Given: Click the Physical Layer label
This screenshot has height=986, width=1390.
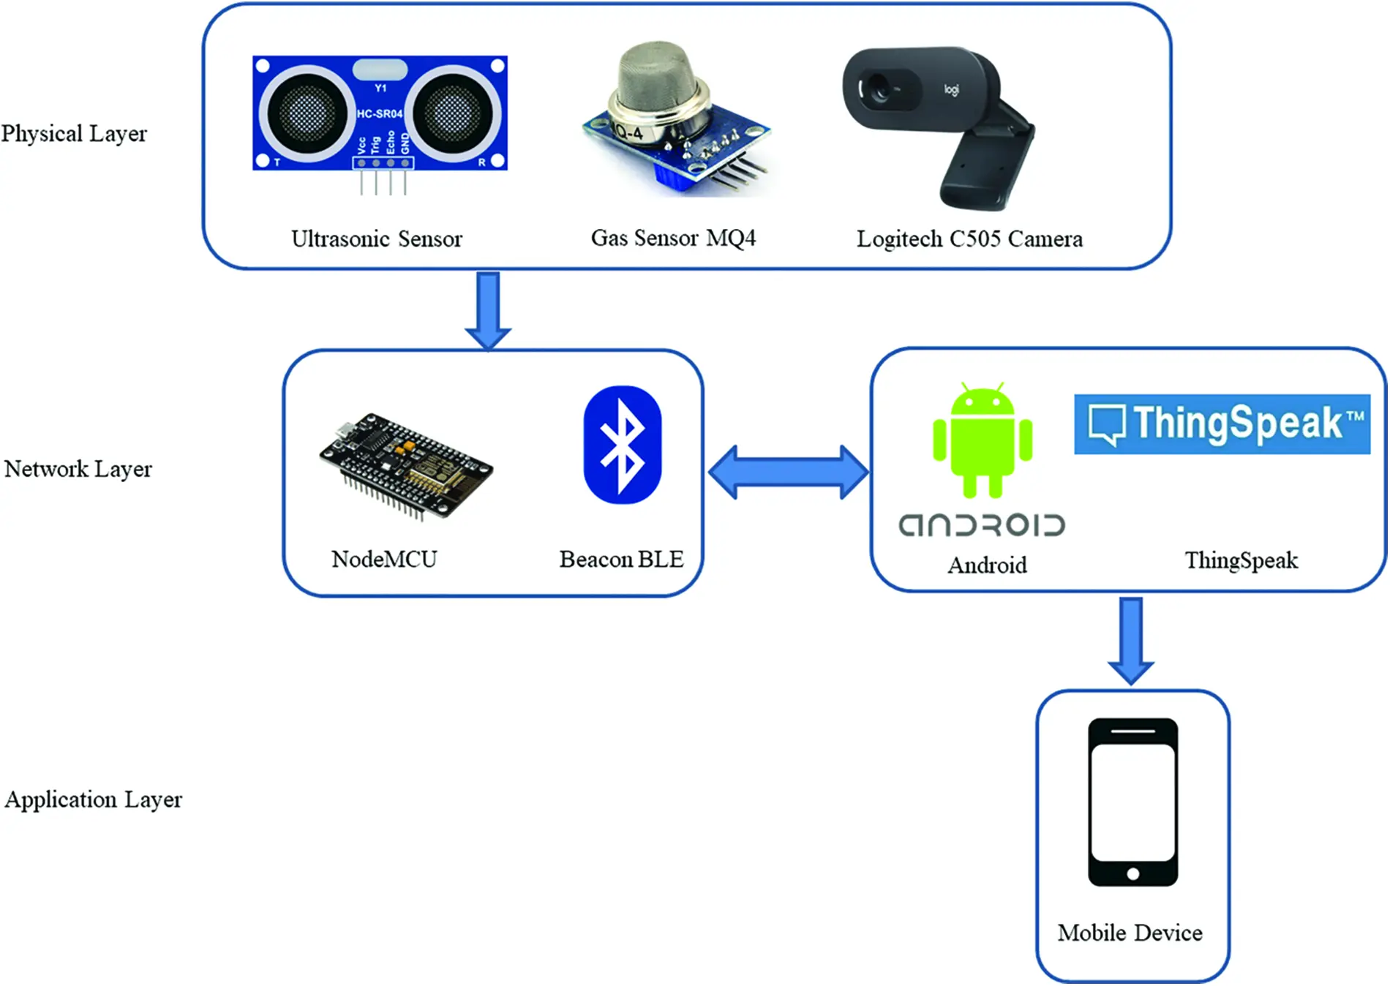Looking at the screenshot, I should (74, 134).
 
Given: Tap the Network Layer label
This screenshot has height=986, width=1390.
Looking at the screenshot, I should (78, 469).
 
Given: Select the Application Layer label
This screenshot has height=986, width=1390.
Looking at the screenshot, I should (93, 799).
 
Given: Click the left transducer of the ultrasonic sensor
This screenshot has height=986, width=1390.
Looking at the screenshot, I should (306, 113).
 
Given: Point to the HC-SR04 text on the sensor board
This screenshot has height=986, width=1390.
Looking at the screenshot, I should (379, 113).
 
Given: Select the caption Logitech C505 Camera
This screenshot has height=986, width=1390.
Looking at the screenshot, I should (969, 239).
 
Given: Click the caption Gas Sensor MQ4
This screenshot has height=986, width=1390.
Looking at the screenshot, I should (673, 238).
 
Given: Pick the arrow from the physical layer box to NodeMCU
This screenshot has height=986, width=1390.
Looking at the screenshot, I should (488, 310).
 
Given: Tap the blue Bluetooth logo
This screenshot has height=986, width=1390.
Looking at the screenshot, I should (623, 445).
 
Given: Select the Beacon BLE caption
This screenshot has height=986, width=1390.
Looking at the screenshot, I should (621, 560).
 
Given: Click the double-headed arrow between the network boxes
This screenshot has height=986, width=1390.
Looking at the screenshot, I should (789, 473).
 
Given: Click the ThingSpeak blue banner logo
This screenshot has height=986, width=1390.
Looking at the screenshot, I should (1221, 424).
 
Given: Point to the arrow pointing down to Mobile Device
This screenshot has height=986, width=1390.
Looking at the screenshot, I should (1131, 640).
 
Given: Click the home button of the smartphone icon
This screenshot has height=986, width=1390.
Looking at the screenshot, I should (1132, 873).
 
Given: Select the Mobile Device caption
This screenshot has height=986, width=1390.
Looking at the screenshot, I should (1130, 933).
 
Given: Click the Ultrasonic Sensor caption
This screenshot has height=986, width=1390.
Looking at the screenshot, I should (376, 239).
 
